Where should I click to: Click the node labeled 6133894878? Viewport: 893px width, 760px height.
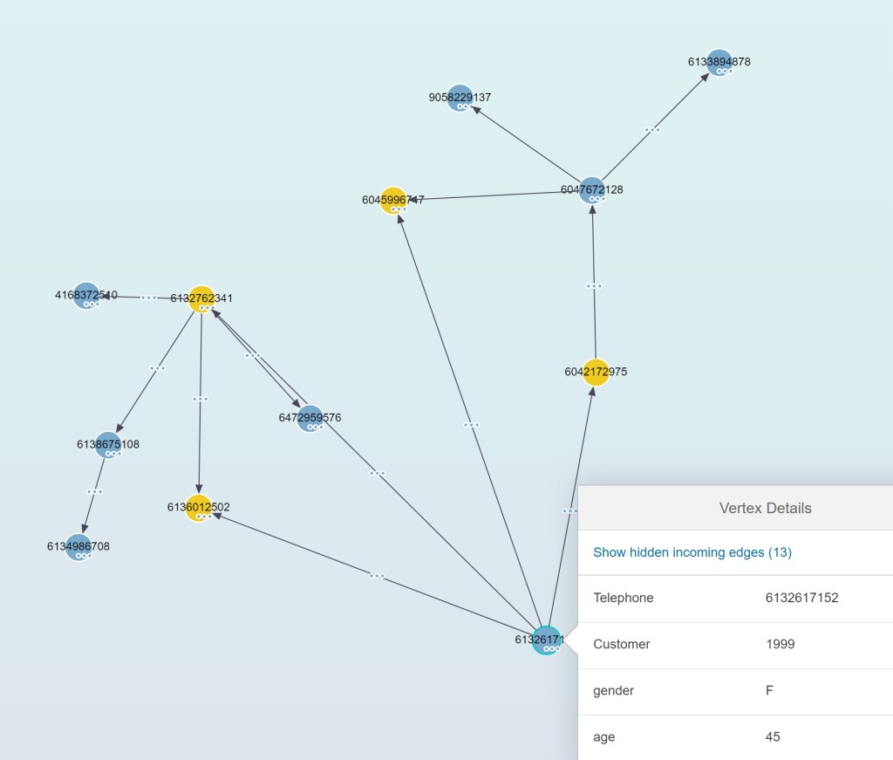[x=718, y=62]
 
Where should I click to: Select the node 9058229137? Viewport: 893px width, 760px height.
[x=460, y=97]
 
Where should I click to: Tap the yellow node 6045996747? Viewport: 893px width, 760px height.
[x=392, y=200]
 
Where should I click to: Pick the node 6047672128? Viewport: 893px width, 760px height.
[x=592, y=189]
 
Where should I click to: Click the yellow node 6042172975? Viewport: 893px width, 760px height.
[x=595, y=372]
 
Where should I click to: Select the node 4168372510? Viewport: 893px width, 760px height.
[x=85, y=295]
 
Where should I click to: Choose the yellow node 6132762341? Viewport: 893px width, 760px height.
[x=201, y=298]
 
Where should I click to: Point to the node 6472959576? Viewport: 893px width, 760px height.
[x=310, y=418]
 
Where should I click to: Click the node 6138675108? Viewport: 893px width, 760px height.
[x=107, y=444]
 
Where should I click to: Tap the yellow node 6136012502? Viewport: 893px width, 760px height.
[x=199, y=507]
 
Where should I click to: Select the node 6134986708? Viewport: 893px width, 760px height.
[x=78, y=546]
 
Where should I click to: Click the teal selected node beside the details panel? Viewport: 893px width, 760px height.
[x=547, y=640]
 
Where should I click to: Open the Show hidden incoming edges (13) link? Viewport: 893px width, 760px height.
[x=692, y=552]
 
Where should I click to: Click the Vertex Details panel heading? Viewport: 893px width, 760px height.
[x=765, y=508]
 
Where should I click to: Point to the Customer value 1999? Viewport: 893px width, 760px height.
[x=780, y=645]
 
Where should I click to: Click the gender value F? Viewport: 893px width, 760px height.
[x=769, y=691]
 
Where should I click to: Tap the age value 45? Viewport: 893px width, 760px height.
[x=773, y=737]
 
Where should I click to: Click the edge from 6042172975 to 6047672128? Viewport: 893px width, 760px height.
[x=594, y=285]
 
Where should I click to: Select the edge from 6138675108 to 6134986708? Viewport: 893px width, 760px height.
[x=94, y=491]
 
